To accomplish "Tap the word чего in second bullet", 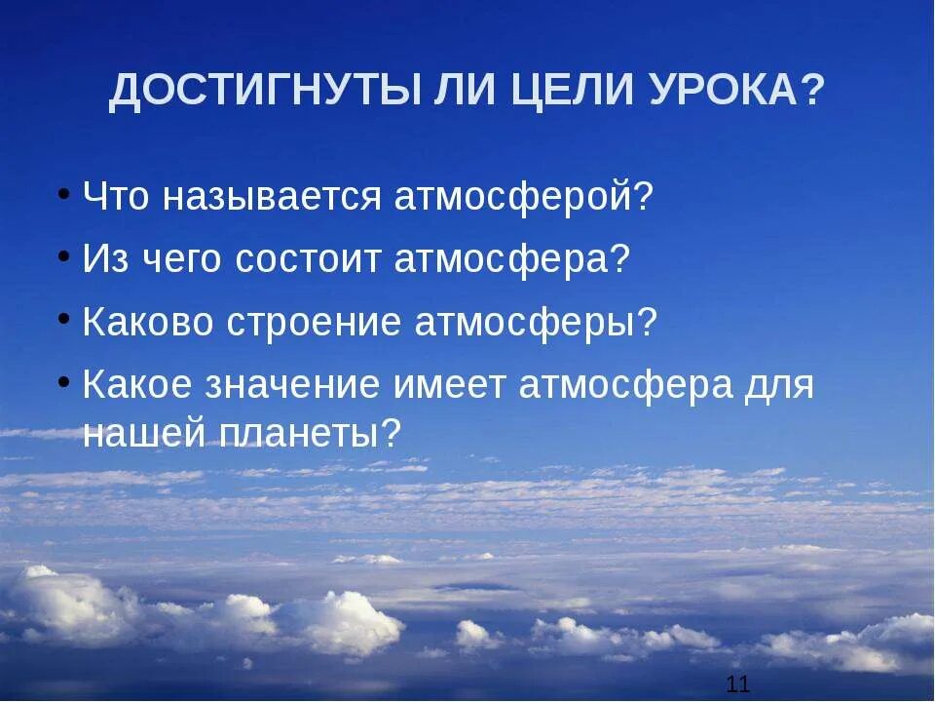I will coord(176,259).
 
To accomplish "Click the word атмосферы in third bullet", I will coord(526,323).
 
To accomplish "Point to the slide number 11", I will coord(738,683).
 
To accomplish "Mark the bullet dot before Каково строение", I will coord(63,318).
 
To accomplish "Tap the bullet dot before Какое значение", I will coord(63,381).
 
